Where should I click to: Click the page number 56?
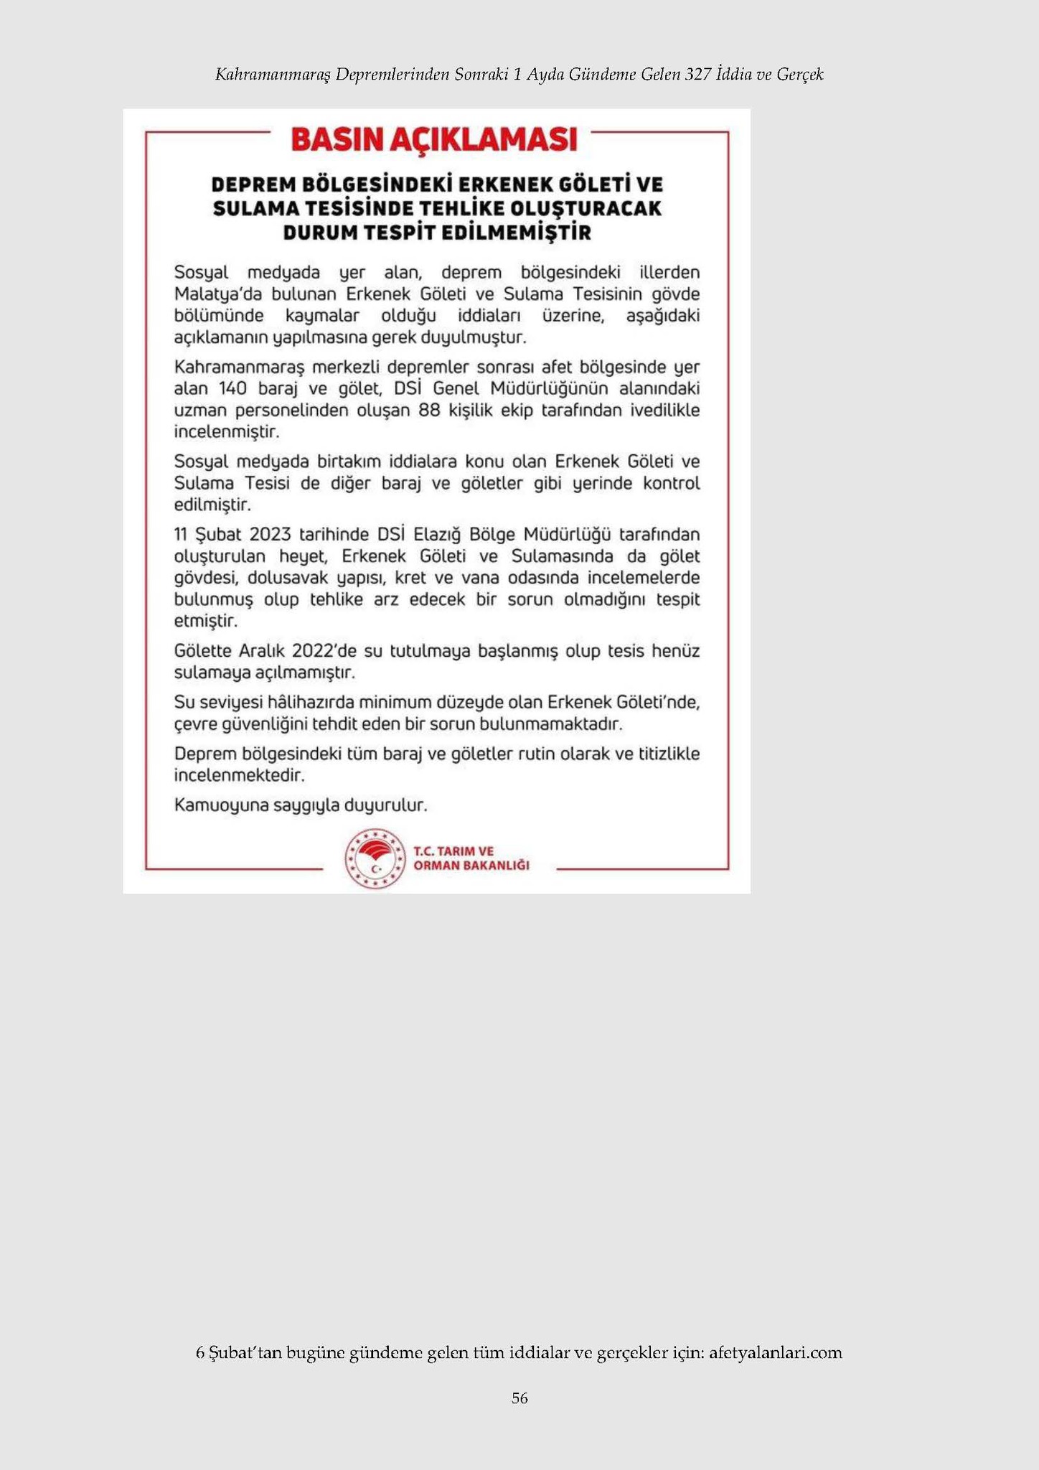coord(519,1398)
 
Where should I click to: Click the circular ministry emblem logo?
coord(375,858)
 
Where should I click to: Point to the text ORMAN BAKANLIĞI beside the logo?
coord(471,865)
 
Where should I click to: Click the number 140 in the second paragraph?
coord(232,389)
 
